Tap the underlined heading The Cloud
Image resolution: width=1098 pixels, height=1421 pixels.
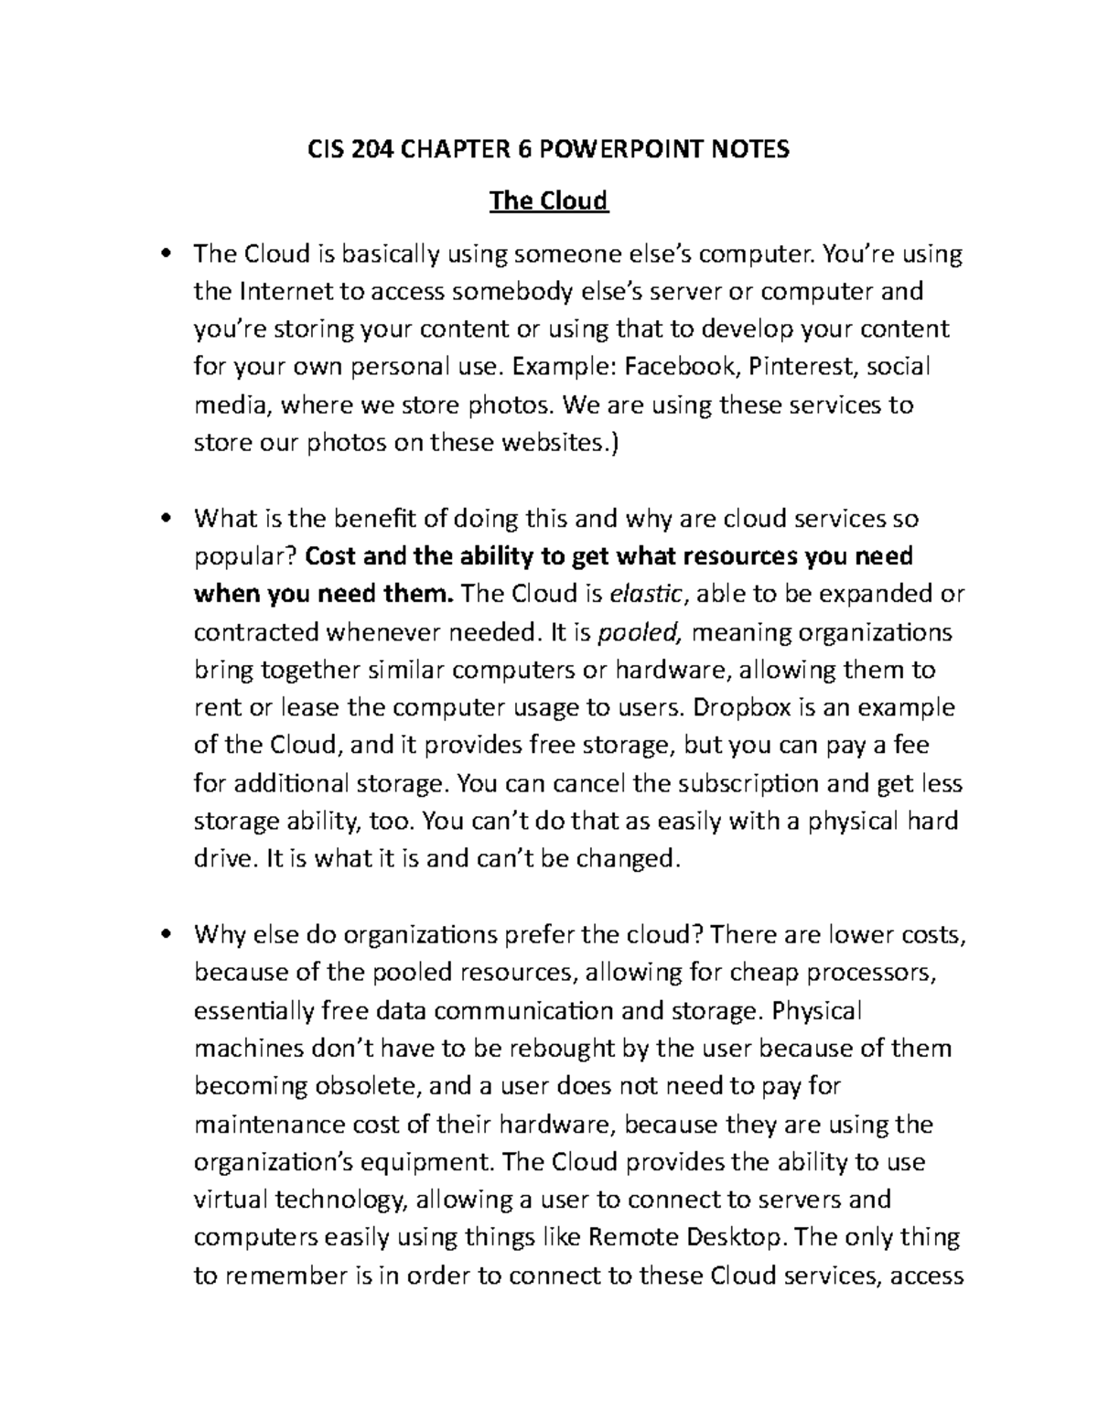pyautogui.click(x=549, y=199)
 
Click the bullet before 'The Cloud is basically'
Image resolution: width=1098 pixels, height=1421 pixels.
pyautogui.click(x=166, y=253)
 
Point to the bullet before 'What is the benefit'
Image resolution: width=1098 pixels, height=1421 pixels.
pyautogui.click(x=166, y=519)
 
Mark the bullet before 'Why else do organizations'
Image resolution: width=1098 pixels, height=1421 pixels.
pyautogui.click(x=166, y=935)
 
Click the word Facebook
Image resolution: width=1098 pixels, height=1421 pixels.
pyautogui.click(x=681, y=367)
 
